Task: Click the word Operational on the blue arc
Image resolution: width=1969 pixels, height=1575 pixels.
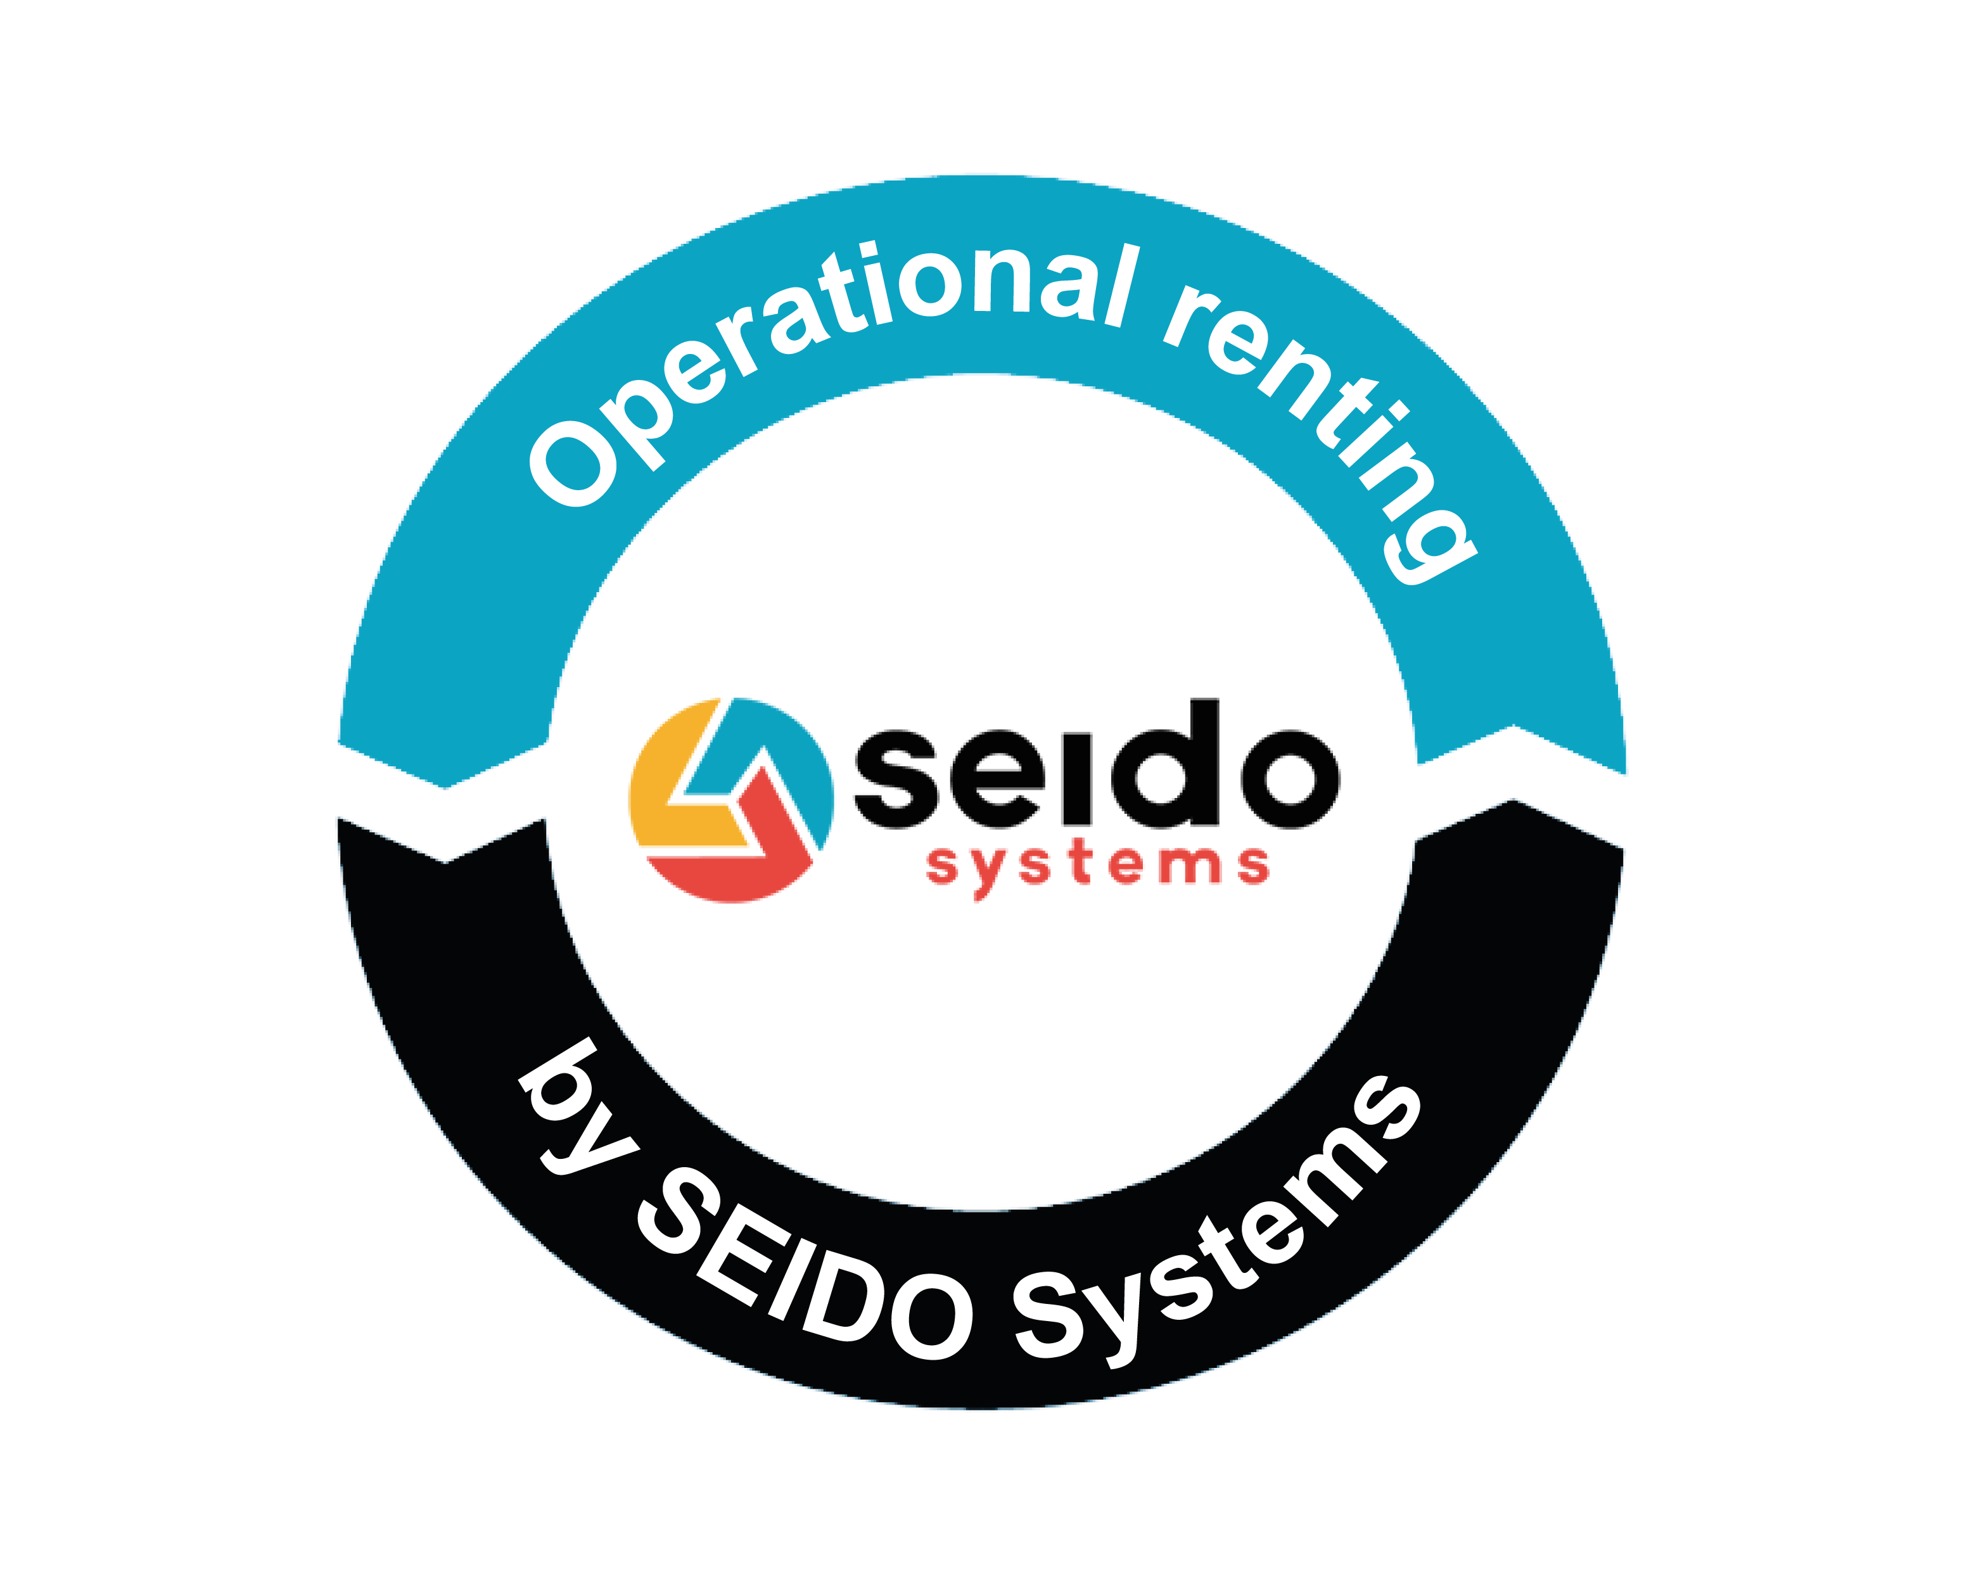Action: click(x=822, y=347)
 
